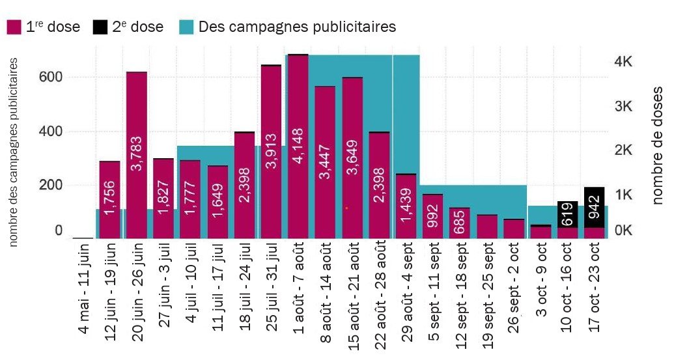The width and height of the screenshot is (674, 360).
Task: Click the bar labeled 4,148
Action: (x=298, y=146)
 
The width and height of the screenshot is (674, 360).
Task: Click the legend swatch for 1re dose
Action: (x=14, y=27)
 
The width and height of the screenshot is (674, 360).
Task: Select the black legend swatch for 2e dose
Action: (x=100, y=27)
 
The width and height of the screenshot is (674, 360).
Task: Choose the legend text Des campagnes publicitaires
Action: (x=297, y=27)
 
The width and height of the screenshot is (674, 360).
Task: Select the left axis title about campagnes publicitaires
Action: (x=13, y=152)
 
